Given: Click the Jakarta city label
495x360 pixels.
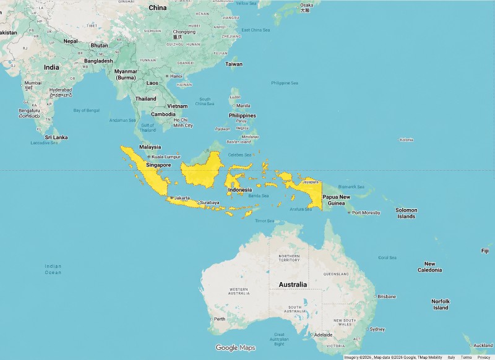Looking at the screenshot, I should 182,198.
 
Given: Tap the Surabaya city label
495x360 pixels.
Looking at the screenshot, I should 210,202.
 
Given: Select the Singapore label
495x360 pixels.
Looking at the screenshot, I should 158,165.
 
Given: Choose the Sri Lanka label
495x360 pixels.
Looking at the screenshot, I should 56,137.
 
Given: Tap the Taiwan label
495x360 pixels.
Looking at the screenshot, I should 234,64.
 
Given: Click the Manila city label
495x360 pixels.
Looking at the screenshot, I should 243,105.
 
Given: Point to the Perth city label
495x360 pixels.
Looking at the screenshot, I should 220,319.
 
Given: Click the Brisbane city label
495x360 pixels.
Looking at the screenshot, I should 387,296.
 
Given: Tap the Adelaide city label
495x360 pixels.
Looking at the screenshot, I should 323,335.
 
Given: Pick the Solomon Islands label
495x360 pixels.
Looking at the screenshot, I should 407,213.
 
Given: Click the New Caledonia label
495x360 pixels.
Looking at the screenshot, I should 429,267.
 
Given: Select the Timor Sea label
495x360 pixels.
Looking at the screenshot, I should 264,221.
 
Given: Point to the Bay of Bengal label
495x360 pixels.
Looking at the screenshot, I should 86,110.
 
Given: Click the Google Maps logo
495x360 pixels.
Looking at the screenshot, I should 235,348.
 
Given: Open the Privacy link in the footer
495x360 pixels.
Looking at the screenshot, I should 483,358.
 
